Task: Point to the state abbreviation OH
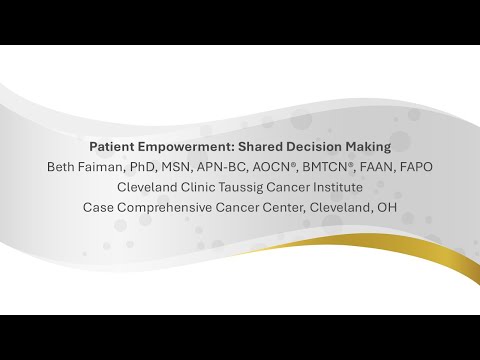coord(387,208)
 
